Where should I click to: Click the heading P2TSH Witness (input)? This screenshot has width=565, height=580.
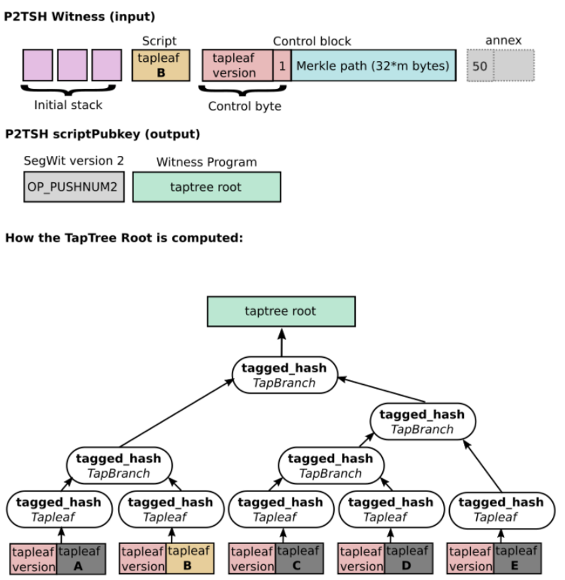79,16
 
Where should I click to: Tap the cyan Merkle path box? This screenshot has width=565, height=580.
373,66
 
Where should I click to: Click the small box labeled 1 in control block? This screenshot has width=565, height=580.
282,66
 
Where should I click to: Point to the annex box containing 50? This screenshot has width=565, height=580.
480,66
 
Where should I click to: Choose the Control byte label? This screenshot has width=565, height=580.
245,106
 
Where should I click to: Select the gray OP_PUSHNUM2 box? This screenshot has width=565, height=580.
74,187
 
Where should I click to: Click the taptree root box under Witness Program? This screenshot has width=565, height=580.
207,187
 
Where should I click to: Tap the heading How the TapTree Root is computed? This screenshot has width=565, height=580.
123,239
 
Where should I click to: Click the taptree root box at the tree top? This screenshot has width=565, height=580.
280,312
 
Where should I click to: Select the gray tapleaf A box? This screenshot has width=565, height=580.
77,558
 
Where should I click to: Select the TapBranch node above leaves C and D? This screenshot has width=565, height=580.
331,465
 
